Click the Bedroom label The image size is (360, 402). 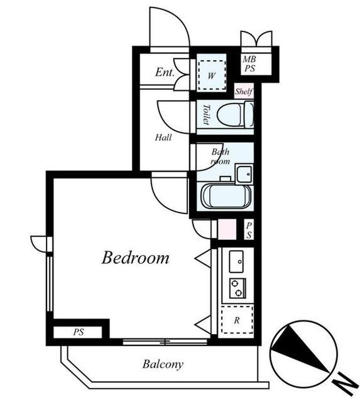135,258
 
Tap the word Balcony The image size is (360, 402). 163,364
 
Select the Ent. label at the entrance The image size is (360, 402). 165,72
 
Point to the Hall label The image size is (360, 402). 163,138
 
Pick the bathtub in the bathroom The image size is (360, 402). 226,196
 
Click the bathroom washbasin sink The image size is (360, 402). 244,174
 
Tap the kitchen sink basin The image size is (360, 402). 236,261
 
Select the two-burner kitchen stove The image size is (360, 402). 237,288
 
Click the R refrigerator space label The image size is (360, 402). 237,320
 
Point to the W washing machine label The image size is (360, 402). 211,76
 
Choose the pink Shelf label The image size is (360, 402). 244,91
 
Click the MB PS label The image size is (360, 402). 249,63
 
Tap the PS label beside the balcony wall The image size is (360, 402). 79,332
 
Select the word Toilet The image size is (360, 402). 206,114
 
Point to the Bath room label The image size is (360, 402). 221,156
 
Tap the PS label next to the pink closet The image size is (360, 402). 249,231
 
